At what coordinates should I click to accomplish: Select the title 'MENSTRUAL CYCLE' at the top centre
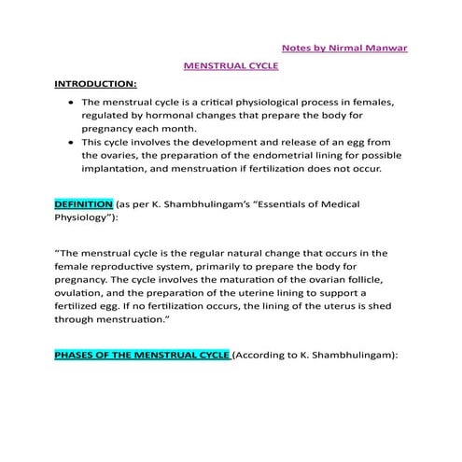tap(231, 67)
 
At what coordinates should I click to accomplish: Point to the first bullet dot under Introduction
tap(72, 102)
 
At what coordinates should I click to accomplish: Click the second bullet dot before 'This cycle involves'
tap(72, 143)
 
